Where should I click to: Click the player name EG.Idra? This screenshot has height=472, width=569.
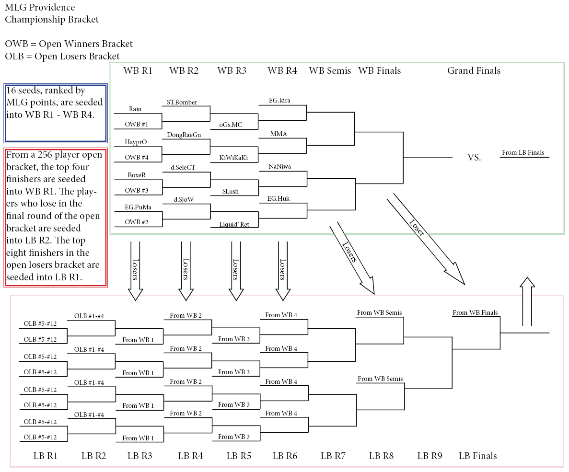(x=279, y=101)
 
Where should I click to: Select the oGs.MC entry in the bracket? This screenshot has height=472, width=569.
(x=231, y=125)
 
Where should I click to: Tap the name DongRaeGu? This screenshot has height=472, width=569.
(x=184, y=135)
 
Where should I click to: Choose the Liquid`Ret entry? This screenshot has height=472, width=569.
(x=234, y=224)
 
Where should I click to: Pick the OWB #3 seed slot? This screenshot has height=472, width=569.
(x=137, y=191)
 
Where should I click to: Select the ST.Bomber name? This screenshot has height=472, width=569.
(x=182, y=103)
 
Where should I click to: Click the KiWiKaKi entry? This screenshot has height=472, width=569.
(x=233, y=158)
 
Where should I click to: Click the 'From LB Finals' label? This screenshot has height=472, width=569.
(x=523, y=153)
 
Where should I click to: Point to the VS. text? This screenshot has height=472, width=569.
(x=474, y=158)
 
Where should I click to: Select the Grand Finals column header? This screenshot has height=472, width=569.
(x=474, y=71)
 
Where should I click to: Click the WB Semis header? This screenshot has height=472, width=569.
(x=330, y=71)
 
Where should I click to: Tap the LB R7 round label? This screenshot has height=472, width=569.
(x=333, y=456)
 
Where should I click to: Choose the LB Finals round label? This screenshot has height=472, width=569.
(x=477, y=456)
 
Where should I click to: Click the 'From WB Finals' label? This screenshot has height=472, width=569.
(x=475, y=313)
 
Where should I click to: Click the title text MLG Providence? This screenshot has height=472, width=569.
(x=40, y=8)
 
